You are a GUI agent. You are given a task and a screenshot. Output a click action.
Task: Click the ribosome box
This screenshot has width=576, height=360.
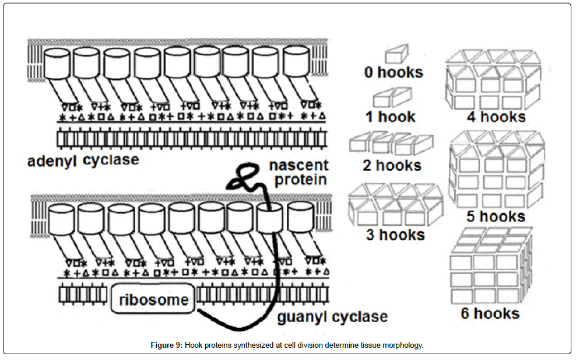[x=153, y=300]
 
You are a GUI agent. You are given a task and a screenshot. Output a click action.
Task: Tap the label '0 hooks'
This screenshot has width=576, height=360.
[x=394, y=72]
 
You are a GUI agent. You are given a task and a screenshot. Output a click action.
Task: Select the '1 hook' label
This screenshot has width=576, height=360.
[x=390, y=116]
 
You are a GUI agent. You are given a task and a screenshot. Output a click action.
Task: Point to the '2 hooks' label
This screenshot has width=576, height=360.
[x=392, y=165]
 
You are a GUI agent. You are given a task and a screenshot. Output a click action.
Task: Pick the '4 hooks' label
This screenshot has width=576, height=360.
[x=496, y=116]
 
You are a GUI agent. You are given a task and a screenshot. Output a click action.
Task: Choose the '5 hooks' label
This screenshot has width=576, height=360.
[x=496, y=216]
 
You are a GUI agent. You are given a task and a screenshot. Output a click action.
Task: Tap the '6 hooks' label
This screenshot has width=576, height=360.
[x=490, y=313]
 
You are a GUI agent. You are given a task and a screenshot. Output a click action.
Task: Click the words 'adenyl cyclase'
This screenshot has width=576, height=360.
[x=83, y=160]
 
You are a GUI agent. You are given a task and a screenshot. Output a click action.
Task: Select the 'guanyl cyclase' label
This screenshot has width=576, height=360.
[x=332, y=317]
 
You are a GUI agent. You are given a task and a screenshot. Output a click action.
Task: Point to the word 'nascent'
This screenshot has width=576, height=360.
[x=298, y=165]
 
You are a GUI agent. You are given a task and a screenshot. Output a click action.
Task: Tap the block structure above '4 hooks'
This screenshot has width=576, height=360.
[x=494, y=79]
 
